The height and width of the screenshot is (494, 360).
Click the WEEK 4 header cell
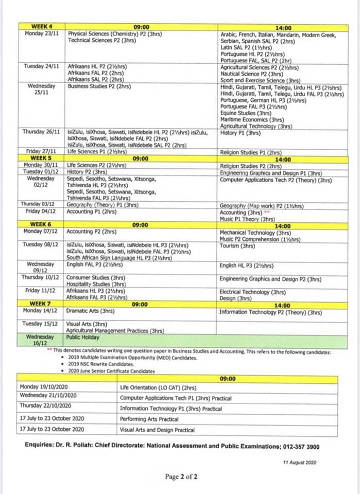point(42,27)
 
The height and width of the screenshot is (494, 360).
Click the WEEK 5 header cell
point(42,158)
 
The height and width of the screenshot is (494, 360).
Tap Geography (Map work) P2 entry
point(261,206)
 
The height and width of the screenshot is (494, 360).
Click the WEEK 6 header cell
point(42,225)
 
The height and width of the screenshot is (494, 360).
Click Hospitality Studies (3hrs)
point(96,284)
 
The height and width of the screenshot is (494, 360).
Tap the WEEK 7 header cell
point(42,305)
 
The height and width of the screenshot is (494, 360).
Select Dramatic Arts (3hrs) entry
point(90,311)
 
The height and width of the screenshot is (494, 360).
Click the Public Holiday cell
point(80,338)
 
